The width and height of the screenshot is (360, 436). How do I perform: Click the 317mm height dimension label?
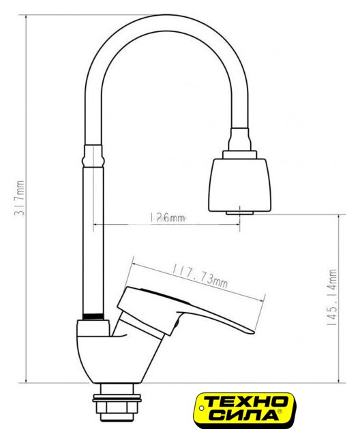(x=20, y=198)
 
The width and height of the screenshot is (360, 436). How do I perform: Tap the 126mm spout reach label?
(x=167, y=217)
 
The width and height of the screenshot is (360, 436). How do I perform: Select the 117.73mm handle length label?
(x=200, y=276)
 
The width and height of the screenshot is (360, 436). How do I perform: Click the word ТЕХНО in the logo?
(x=245, y=401)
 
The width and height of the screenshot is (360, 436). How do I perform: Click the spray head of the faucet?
(x=239, y=185)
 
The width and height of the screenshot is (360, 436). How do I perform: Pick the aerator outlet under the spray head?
(x=239, y=213)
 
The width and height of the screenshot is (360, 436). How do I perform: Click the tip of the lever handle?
(x=253, y=332)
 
